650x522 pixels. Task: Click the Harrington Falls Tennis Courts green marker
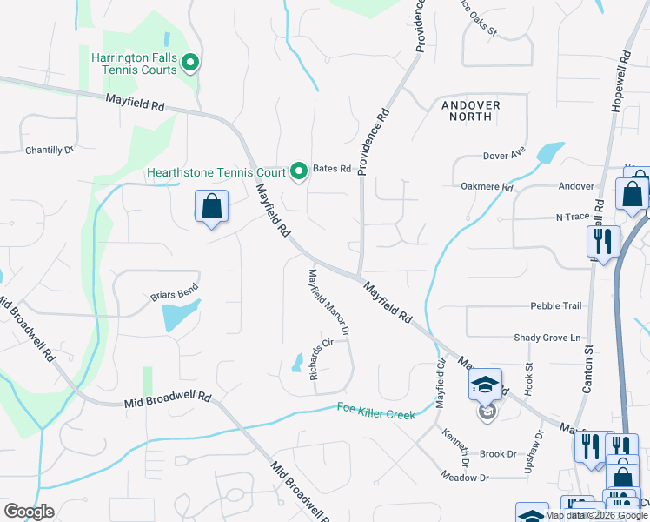coord(192,62)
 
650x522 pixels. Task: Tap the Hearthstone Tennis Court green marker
coord(300,170)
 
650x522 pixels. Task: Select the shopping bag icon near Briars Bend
coord(210,207)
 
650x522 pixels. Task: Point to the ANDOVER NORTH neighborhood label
coord(470,110)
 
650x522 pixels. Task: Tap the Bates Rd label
coord(331,169)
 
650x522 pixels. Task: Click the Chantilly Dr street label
coord(50,150)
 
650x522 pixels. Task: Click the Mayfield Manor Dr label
coord(329,302)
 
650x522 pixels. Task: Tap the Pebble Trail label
coord(556,306)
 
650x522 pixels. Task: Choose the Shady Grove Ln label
coord(547,338)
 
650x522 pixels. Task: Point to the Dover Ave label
coord(504,157)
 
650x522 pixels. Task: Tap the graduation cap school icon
coord(486,385)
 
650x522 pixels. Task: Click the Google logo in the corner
coord(29,512)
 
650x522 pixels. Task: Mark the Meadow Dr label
coord(465,478)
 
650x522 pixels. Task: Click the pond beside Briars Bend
coord(181,315)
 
